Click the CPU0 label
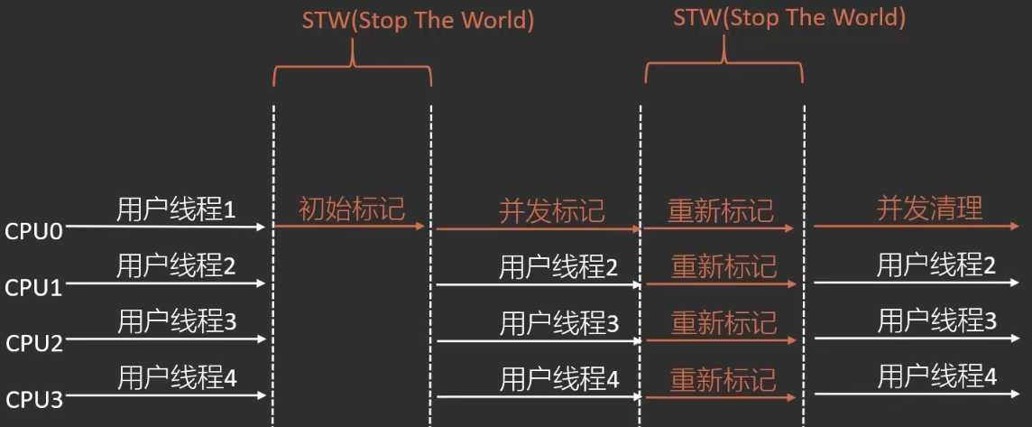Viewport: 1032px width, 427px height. (x=33, y=231)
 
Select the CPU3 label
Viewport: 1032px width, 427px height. (x=34, y=399)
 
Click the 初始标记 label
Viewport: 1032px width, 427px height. (x=352, y=209)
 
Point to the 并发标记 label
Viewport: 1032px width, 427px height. (x=551, y=211)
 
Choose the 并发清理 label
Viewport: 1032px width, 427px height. (x=929, y=209)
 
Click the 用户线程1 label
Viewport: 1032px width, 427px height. (x=177, y=209)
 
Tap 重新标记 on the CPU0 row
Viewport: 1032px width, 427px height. (x=721, y=211)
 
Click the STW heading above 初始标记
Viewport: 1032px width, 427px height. (x=418, y=20)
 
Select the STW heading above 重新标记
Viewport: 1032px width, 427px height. (x=789, y=17)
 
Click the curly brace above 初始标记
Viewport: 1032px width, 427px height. (x=352, y=68)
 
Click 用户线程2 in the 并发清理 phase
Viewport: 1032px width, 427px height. (x=936, y=265)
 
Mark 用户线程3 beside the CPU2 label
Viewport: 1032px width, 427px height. (x=177, y=321)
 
